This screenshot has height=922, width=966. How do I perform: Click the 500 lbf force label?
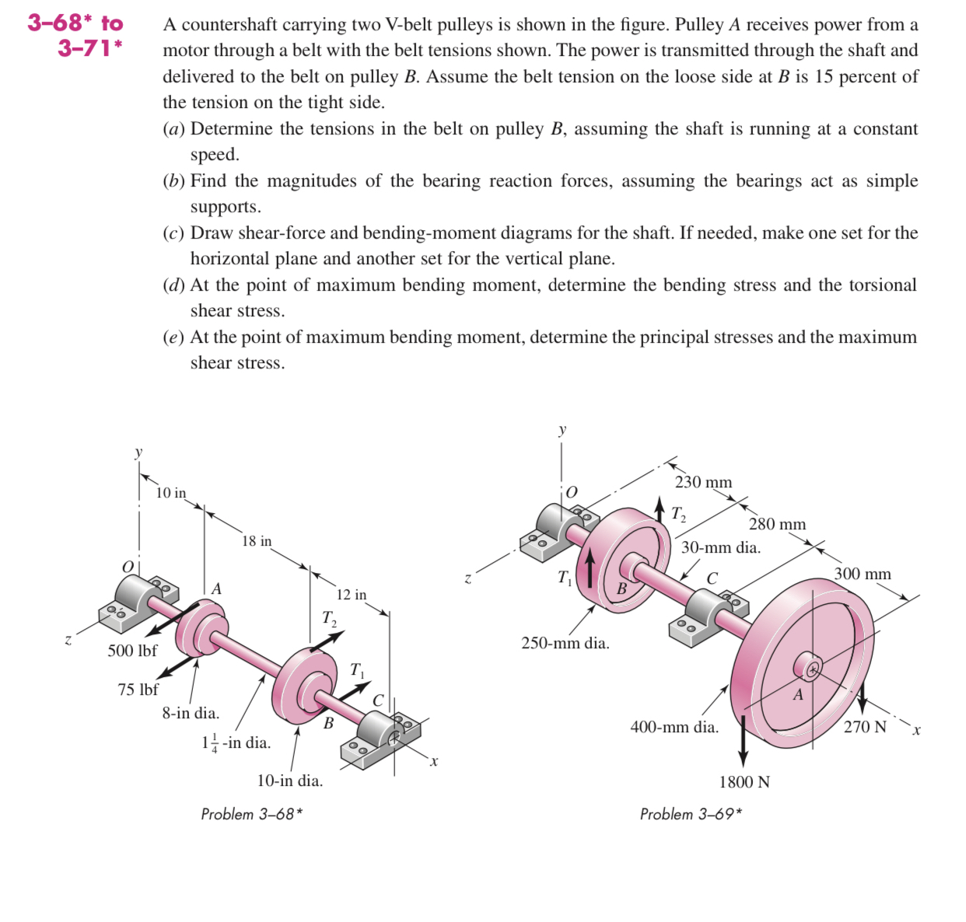(x=132, y=651)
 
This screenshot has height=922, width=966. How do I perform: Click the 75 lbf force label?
(x=138, y=690)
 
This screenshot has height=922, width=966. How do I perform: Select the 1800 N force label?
(x=744, y=782)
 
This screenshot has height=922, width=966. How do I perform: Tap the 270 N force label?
(x=864, y=727)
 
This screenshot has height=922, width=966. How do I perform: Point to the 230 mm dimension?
(x=703, y=482)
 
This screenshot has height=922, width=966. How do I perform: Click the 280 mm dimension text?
(x=777, y=524)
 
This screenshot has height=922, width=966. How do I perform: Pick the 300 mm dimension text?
(x=863, y=574)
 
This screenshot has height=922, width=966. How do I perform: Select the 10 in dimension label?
(x=171, y=493)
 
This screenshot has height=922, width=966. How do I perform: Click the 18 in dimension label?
(x=257, y=541)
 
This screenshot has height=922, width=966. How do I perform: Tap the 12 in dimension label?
(x=351, y=595)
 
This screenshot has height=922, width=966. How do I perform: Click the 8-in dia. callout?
(x=191, y=713)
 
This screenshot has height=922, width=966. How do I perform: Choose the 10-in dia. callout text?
(x=289, y=781)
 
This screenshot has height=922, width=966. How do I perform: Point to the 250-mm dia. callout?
(x=565, y=643)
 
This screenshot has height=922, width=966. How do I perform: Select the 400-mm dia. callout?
(x=674, y=727)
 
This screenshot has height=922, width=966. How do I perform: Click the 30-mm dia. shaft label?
(x=720, y=547)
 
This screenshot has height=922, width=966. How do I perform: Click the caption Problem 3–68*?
(x=251, y=814)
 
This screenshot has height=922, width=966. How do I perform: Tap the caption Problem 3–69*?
(x=691, y=814)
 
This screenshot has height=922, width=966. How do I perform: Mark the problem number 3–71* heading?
(x=89, y=48)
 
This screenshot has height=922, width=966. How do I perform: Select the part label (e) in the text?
(x=174, y=337)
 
